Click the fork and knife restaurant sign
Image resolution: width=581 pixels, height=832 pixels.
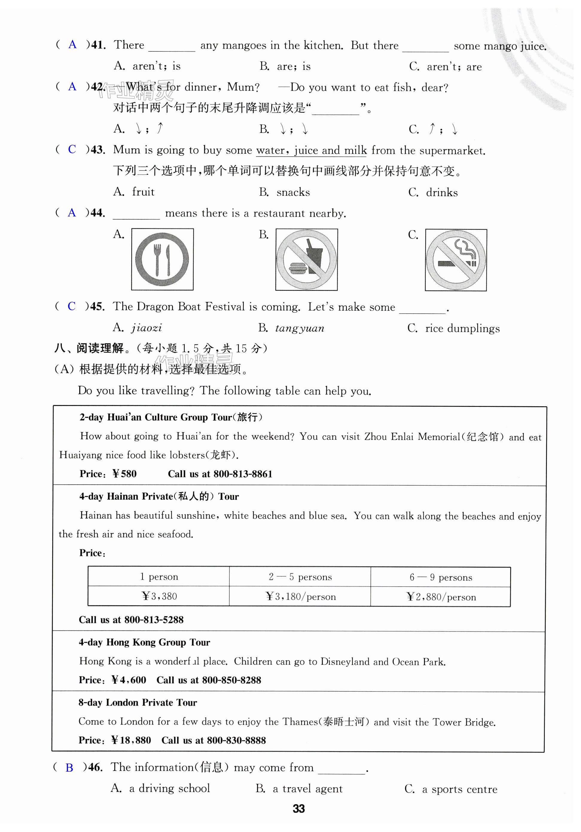click(x=162, y=259)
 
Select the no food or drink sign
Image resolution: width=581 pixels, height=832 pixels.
click(x=306, y=259)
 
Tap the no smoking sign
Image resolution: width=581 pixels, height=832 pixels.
click(x=456, y=260)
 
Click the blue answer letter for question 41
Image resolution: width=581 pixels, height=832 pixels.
click(x=72, y=45)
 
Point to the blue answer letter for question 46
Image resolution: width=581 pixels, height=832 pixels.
click(x=69, y=767)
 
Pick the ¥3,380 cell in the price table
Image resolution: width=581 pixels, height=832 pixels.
click(x=159, y=596)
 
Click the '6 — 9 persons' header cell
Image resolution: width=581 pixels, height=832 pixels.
click(x=440, y=577)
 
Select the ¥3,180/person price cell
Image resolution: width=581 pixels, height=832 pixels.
click(x=300, y=596)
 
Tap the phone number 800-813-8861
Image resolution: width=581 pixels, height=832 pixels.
click(x=243, y=474)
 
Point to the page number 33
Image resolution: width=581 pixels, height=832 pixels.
click(x=299, y=808)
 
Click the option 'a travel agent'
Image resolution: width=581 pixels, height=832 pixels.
click(x=307, y=789)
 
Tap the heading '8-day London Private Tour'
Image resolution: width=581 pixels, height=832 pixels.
click(x=138, y=703)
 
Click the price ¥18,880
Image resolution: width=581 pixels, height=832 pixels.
click(x=131, y=740)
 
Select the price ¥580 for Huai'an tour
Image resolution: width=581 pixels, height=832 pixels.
click(x=124, y=474)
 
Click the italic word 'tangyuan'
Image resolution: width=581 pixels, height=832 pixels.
click(x=299, y=328)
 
